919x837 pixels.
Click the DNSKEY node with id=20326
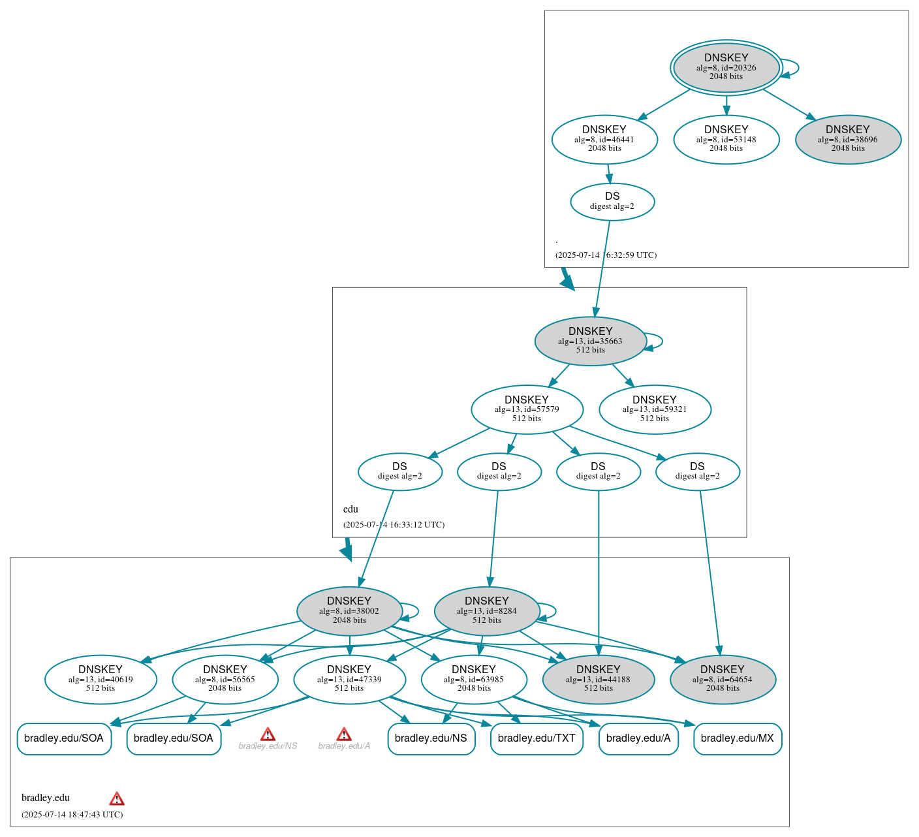(726, 67)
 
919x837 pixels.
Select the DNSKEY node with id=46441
(604, 139)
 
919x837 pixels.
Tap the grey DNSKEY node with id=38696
(848, 139)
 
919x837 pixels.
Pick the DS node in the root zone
(612, 201)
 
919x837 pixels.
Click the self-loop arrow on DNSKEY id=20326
(791, 68)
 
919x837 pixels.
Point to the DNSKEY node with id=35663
(590, 341)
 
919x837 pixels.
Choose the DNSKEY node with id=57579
(527, 409)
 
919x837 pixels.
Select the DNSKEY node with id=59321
(655, 409)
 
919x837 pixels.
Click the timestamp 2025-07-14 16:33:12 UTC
(394, 524)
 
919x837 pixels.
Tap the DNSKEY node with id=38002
(349, 611)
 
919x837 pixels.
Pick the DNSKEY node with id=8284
(487, 611)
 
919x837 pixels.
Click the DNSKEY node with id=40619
(101, 679)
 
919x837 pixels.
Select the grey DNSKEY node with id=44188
(598, 679)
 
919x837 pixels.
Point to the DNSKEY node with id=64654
(723, 679)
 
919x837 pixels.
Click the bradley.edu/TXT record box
(537, 738)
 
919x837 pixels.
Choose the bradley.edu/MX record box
(737, 738)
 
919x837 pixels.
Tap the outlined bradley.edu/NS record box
(431, 738)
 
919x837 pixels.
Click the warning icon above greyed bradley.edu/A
(344, 734)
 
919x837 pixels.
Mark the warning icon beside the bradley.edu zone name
(117, 798)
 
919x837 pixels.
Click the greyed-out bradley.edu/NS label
(268, 746)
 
